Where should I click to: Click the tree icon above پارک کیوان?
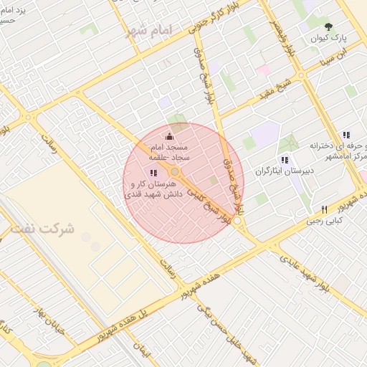[330, 26]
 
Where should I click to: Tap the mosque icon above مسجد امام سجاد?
[169, 137]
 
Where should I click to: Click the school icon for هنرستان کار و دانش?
[153, 173]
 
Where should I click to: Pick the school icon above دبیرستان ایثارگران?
[285, 160]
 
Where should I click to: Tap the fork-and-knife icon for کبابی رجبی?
[324, 209]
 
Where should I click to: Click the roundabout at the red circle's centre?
[175, 172]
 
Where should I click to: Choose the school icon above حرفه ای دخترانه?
[346, 135]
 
